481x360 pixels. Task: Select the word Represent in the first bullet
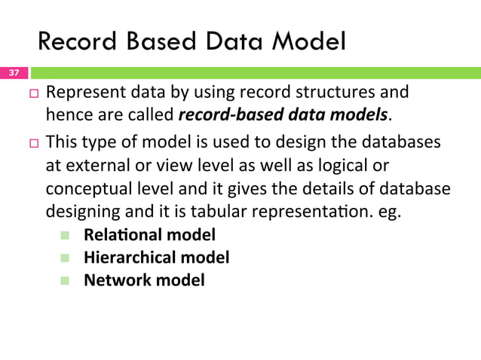tap(81, 93)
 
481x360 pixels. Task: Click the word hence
tap(67, 114)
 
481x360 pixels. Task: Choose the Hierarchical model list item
tap(156, 258)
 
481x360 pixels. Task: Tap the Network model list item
tap(143, 280)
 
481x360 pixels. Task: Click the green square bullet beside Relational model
tap(65, 236)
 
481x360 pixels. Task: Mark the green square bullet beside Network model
tap(65, 281)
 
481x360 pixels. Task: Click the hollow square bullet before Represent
tap(34, 94)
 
